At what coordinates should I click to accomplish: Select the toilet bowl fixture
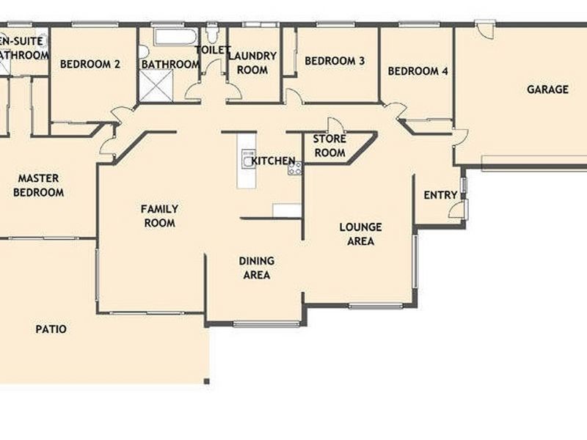coord(212,33)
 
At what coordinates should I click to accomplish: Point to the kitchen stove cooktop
coord(295,168)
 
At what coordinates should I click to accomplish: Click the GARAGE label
coord(547,89)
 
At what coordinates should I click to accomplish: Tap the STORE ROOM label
coord(329,146)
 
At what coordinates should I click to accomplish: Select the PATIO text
coord(51,329)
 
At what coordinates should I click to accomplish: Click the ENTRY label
coord(440,195)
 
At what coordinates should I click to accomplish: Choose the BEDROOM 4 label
coord(418,71)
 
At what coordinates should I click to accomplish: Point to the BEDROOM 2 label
coord(90,64)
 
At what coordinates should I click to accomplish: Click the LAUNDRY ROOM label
coord(252,63)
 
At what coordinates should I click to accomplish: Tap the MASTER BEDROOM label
coord(39,186)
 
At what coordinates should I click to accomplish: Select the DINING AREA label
coord(256,268)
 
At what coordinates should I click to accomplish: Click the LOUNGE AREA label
coord(360,234)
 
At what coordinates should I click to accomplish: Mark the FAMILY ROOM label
coord(159,216)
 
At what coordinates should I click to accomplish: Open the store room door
coord(335,125)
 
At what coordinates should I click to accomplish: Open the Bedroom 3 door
coord(293,96)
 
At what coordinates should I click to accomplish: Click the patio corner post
coord(207,381)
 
